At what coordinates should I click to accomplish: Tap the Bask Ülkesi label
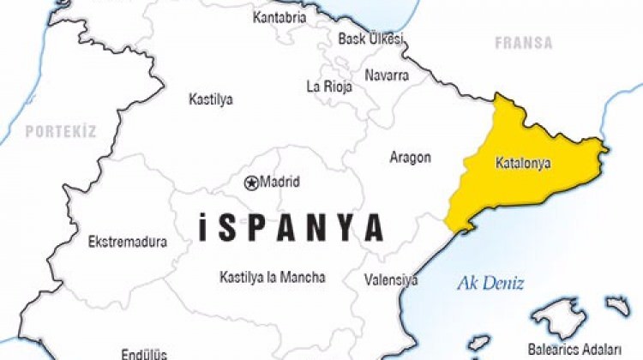pyautogui.click(x=370, y=39)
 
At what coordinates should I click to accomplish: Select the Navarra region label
pyautogui.click(x=387, y=75)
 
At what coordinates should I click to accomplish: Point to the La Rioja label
pyautogui.click(x=329, y=86)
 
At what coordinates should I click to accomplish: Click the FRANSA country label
pyautogui.click(x=523, y=42)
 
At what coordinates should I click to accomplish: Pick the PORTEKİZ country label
pyautogui.click(x=60, y=131)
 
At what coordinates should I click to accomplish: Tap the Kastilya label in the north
pyautogui.click(x=211, y=99)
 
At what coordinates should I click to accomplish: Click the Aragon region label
pyautogui.click(x=410, y=158)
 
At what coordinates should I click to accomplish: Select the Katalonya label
pyautogui.click(x=523, y=162)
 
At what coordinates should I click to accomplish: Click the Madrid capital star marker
pyautogui.click(x=251, y=182)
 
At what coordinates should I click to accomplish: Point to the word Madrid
pyautogui.click(x=280, y=182)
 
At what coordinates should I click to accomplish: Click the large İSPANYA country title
pyautogui.click(x=290, y=227)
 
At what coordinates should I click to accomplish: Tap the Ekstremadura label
pyautogui.click(x=128, y=242)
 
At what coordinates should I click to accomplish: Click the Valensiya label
pyautogui.click(x=391, y=280)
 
